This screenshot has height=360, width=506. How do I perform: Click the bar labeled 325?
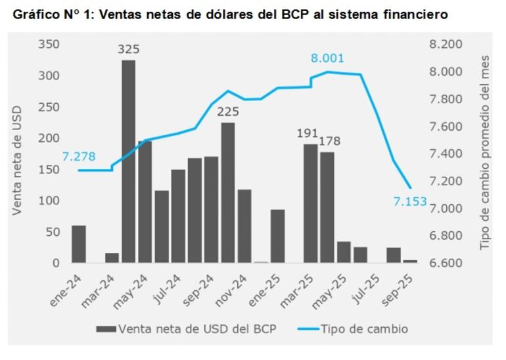129,161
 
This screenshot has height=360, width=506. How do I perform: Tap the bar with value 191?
310,203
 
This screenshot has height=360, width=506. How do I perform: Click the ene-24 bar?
79,244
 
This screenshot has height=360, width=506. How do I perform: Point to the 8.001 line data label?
327,58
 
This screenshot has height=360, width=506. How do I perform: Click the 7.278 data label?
79,156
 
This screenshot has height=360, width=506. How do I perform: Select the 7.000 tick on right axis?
446,208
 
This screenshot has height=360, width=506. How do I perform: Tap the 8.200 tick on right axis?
446,44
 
